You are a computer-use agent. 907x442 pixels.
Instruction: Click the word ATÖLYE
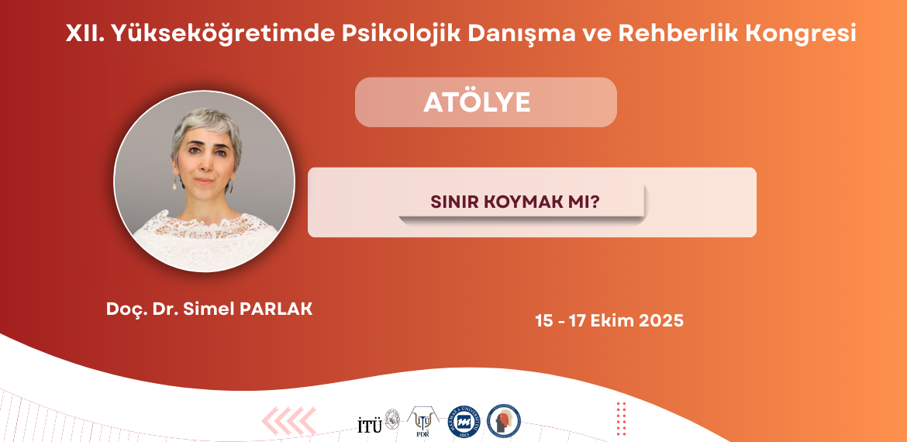pyautogui.click(x=478, y=103)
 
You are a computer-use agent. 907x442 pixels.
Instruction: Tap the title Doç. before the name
pyautogui.click(x=122, y=309)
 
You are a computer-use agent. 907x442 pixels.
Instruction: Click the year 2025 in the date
pyautogui.click(x=661, y=320)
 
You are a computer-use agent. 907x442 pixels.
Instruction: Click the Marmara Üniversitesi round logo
pyautogui.click(x=465, y=421)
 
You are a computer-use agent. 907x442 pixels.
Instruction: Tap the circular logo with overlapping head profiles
pyautogui.click(x=503, y=421)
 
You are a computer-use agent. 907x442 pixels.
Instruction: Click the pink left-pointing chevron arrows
pyautogui.click(x=289, y=420)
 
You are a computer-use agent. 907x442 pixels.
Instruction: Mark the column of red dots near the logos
pyautogui.click(x=621, y=418)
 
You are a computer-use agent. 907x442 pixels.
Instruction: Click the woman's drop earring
pyautogui.click(x=174, y=184)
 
